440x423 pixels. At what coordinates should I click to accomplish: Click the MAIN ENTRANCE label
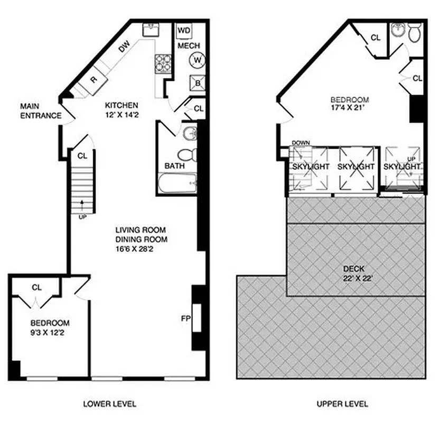pyautogui.click(x=40, y=111)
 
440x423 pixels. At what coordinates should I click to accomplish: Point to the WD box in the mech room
pyautogui.click(x=184, y=31)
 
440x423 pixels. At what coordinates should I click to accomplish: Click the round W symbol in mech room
pyautogui.click(x=197, y=60)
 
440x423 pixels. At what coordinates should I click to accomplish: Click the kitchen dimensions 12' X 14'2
pyautogui.click(x=121, y=114)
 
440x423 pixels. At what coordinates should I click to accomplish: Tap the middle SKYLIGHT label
pyautogui.click(x=355, y=167)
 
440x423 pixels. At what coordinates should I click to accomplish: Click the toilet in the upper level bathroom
pyautogui.click(x=415, y=33)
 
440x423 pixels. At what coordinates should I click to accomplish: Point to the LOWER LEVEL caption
pyautogui.click(x=110, y=404)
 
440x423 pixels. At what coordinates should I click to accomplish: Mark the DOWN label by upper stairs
pyautogui.click(x=300, y=143)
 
